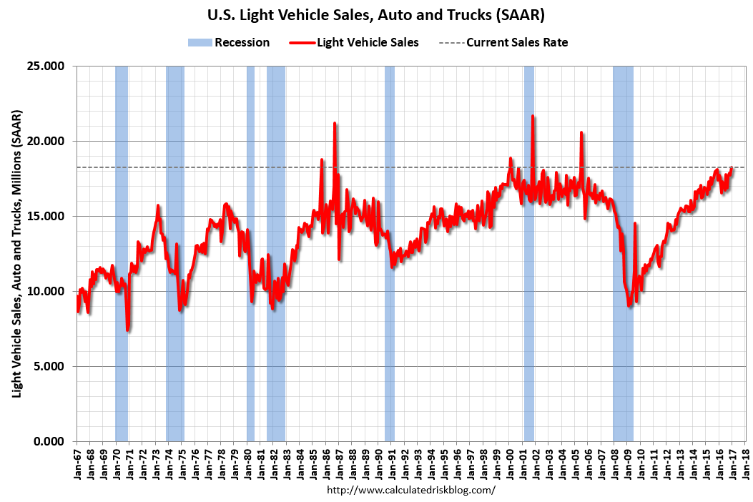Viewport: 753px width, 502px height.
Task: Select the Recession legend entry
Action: click(x=229, y=42)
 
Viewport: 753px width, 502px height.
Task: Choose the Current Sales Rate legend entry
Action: click(x=507, y=42)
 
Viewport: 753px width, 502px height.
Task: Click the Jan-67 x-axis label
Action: click(x=77, y=461)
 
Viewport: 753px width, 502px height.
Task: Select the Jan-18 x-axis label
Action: click(x=745, y=461)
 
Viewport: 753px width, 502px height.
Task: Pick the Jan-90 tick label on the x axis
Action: click(x=378, y=461)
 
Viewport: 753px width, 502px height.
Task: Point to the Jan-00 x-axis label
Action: click(x=509, y=461)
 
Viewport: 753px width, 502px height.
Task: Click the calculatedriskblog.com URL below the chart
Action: click(x=410, y=490)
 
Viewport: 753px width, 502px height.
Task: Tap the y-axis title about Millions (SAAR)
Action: click(x=16, y=254)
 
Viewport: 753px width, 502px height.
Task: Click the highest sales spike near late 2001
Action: click(x=533, y=117)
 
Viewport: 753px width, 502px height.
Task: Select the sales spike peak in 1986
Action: click(x=335, y=124)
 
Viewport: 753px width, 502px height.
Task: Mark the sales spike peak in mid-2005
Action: click(x=581, y=133)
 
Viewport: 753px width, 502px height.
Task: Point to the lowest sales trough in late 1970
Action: click(x=127, y=330)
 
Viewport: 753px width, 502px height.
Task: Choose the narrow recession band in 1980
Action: click(x=250, y=215)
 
